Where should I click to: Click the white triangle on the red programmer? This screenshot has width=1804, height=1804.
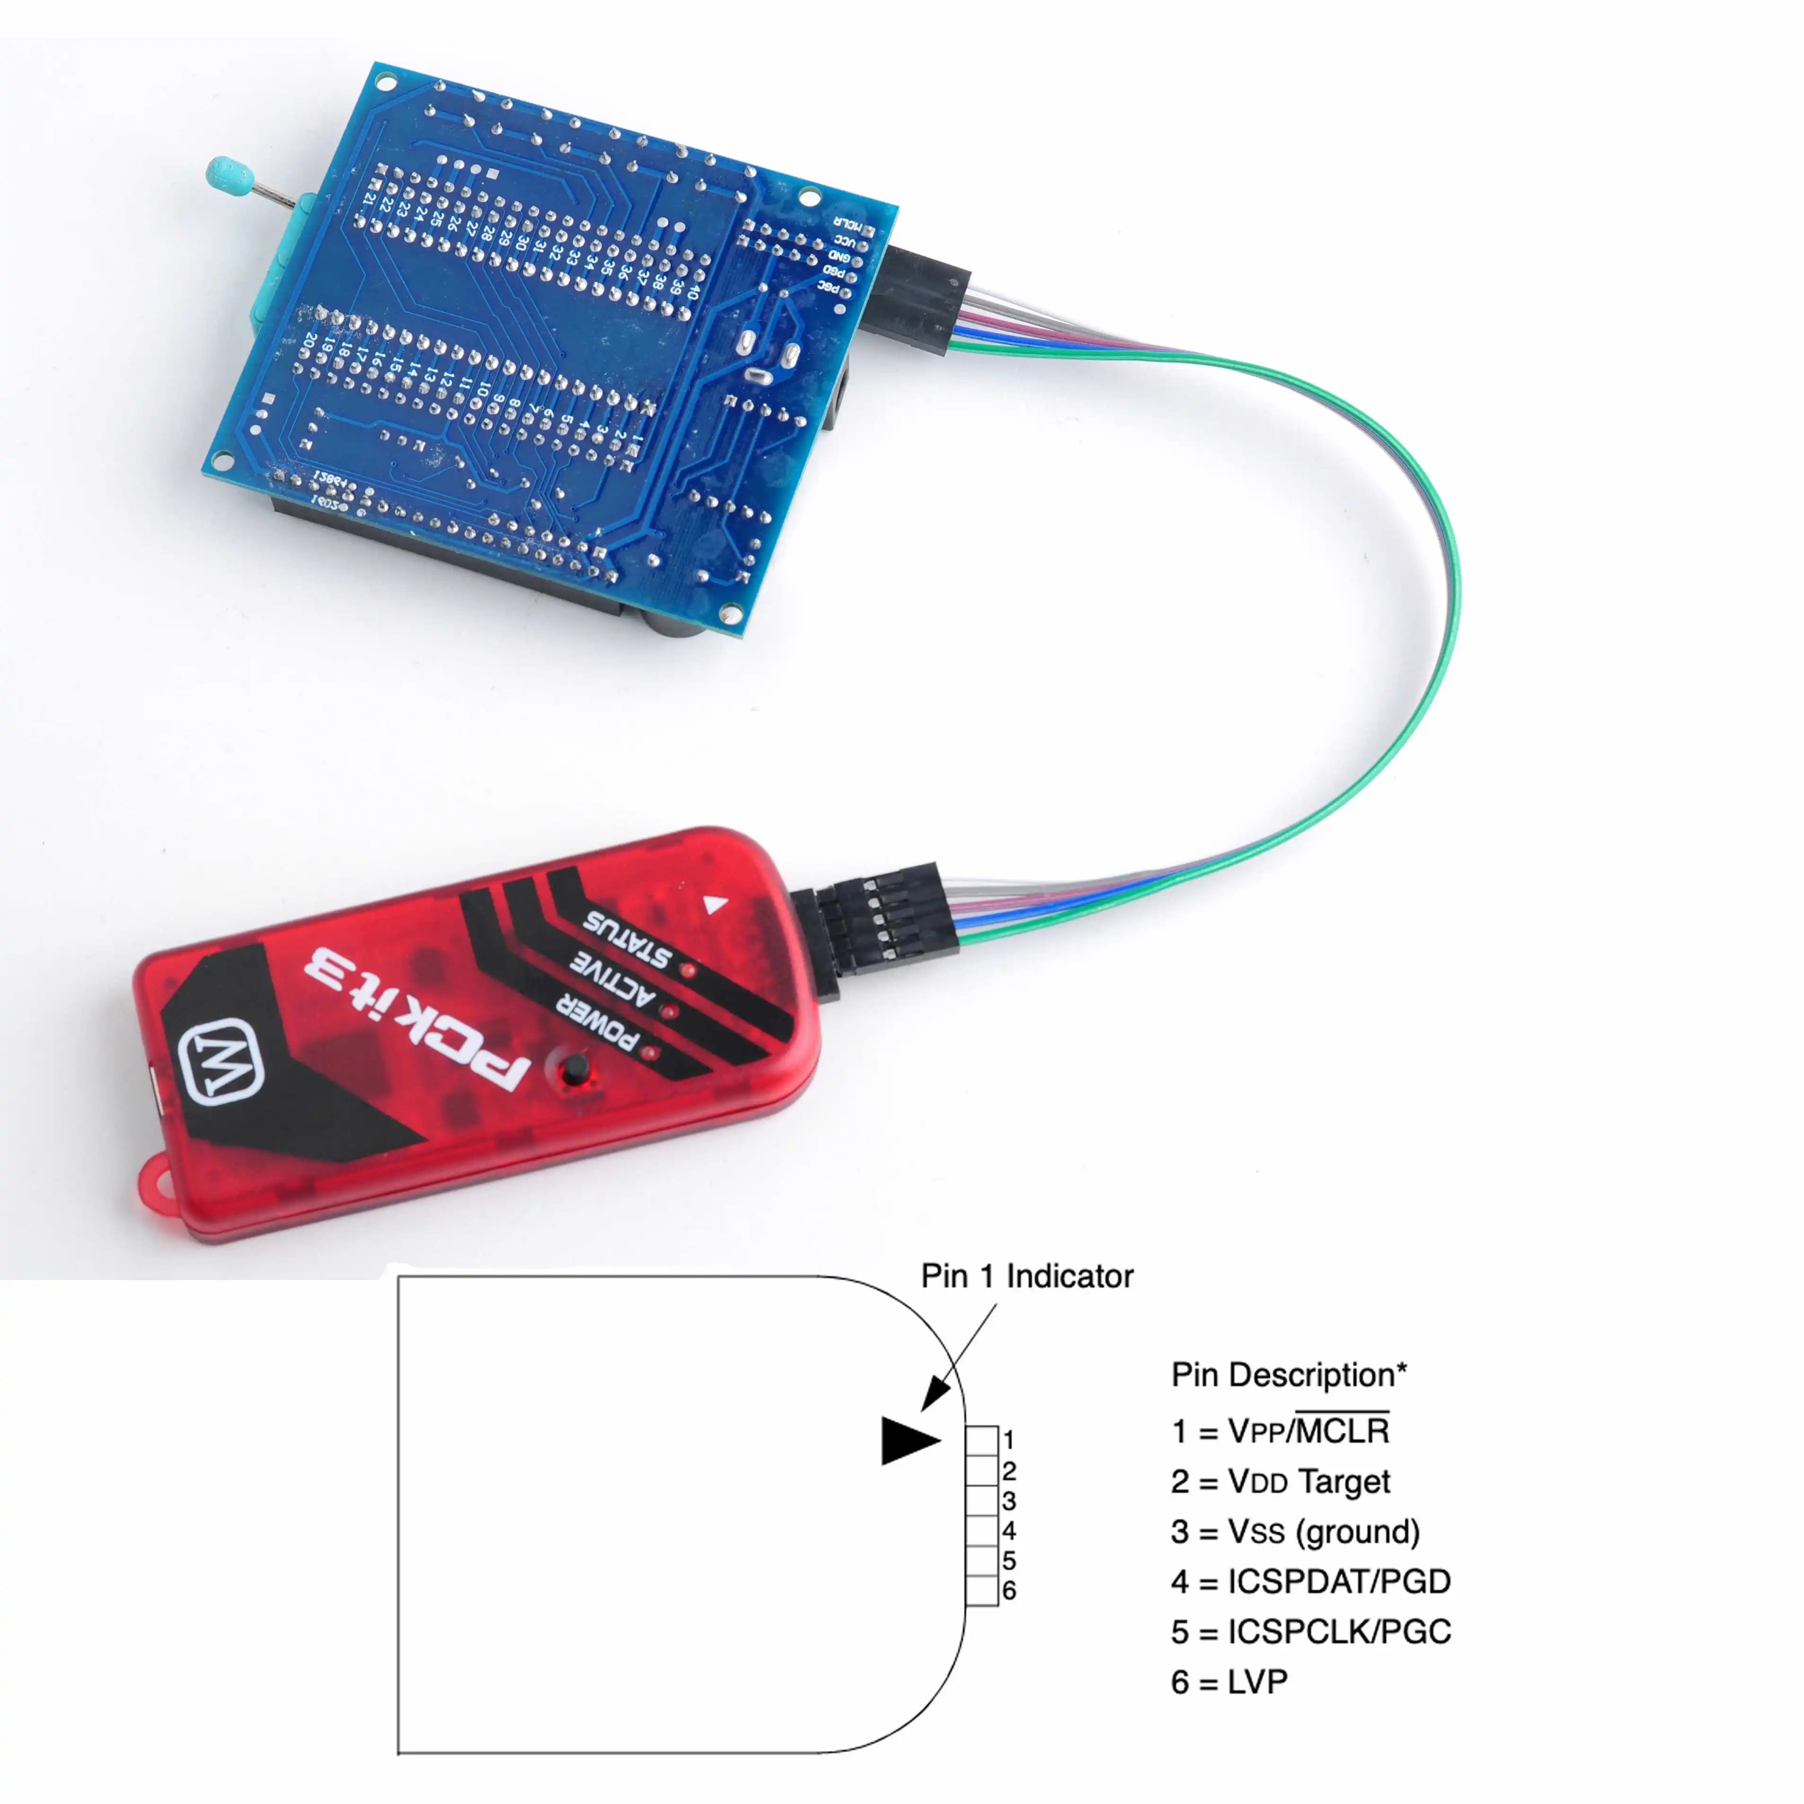click(x=715, y=904)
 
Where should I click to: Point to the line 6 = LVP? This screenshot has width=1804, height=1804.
click(x=1229, y=1682)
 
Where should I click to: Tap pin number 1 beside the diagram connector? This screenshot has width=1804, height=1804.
click(x=1008, y=1440)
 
